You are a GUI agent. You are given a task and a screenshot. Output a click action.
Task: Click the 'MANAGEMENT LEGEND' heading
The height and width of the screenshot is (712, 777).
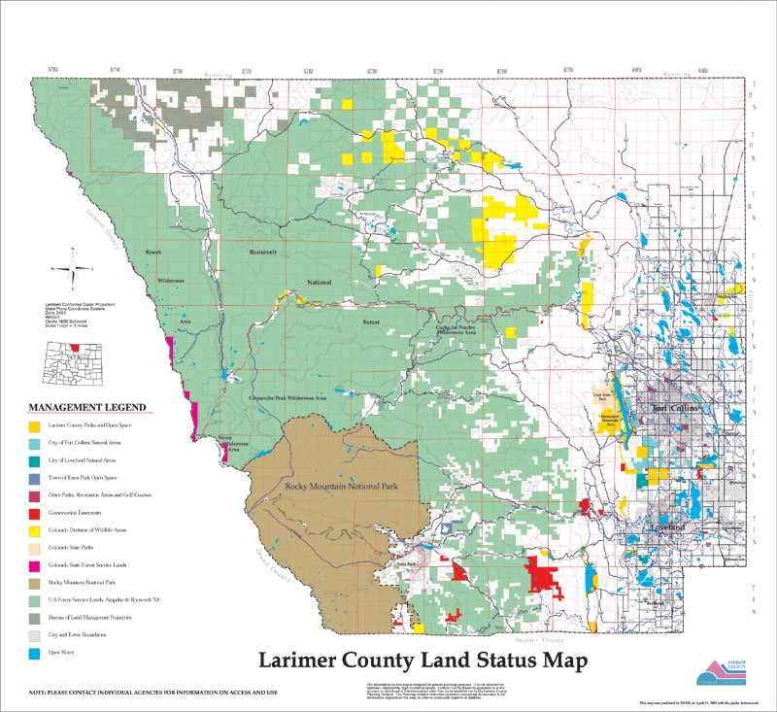pyautogui.click(x=87, y=406)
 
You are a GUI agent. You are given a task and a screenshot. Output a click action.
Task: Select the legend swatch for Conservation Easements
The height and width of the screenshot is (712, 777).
pyautogui.click(x=34, y=512)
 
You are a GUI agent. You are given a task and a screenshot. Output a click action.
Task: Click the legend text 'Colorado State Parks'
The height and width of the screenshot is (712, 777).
pyautogui.click(x=72, y=547)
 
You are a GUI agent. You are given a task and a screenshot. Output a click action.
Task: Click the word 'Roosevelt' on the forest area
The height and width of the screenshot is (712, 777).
pyautogui.click(x=263, y=251)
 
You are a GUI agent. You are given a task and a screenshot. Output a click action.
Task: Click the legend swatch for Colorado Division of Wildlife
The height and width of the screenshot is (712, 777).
pyautogui.click(x=34, y=529)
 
